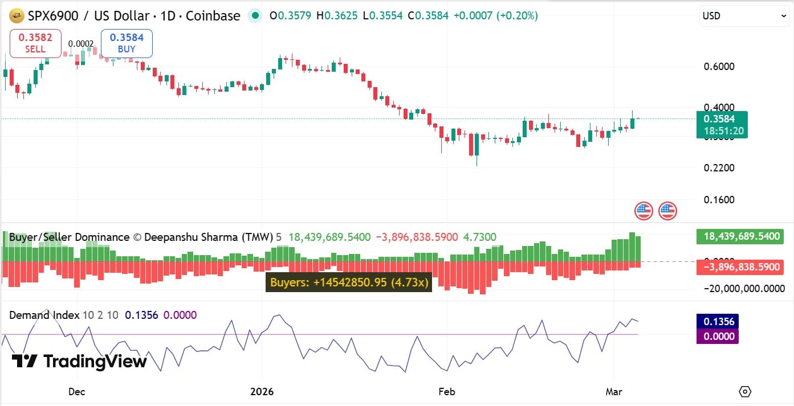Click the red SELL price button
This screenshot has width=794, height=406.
click(x=35, y=43)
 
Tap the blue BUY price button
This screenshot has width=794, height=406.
click(x=127, y=43)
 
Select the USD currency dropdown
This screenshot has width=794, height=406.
click(x=743, y=16)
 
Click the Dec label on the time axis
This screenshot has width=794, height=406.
click(x=76, y=392)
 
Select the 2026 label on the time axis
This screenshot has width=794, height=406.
click(x=262, y=392)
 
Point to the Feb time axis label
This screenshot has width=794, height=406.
click(x=447, y=392)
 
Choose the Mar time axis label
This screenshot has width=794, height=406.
click(x=614, y=392)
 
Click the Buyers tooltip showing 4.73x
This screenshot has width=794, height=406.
click(x=349, y=282)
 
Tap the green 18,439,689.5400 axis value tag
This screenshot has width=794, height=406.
click(x=739, y=236)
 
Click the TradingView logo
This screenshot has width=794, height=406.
click(x=79, y=361)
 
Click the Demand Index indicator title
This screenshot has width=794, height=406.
click(x=44, y=315)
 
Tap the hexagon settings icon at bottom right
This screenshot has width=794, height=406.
click(x=745, y=392)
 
